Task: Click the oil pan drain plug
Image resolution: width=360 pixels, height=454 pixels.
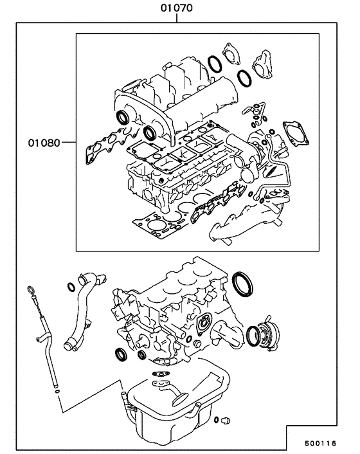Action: click(x=225, y=421)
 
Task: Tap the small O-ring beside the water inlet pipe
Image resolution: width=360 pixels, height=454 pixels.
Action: click(x=70, y=286)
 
